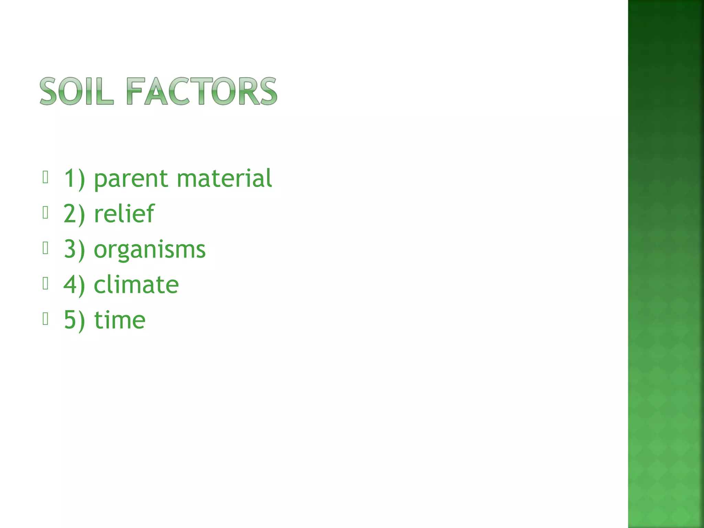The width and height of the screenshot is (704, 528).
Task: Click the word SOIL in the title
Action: pyautogui.click(x=76, y=91)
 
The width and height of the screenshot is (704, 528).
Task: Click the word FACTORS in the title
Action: pyautogui.click(x=201, y=91)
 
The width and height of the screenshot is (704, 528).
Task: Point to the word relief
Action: pyautogui.click(x=124, y=214)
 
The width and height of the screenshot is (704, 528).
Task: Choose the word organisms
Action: pyautogui.click(x=150, y=250)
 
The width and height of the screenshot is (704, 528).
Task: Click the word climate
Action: pyautogui.click(x=136, y=285)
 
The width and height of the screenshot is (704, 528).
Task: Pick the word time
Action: pyautogui.click(x=120, y=320)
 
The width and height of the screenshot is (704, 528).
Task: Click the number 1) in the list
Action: pyautogui.click(x=74, y=179)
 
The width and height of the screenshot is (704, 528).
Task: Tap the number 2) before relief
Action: pyautogui.click(x=74, y=214)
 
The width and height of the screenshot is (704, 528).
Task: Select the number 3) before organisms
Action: pyautogui.click(x=74, y=250)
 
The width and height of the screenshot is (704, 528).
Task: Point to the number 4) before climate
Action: pyautogui.click(x=74, y=285)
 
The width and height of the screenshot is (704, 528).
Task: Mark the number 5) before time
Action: pyautogui.click(x=74, y=320)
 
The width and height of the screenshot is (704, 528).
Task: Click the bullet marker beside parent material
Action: pyautogui.click(x=45, y=177)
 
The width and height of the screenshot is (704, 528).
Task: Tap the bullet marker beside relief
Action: pyautogui.click(x=45, y=212)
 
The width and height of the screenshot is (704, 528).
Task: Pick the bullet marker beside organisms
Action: pyautogui.click(x=45, y=248)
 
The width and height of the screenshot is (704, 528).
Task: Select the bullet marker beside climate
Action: pyautogui.click(x=45, y=283)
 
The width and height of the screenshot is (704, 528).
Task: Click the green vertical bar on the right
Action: pyautogui.click(x=666, y=264)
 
